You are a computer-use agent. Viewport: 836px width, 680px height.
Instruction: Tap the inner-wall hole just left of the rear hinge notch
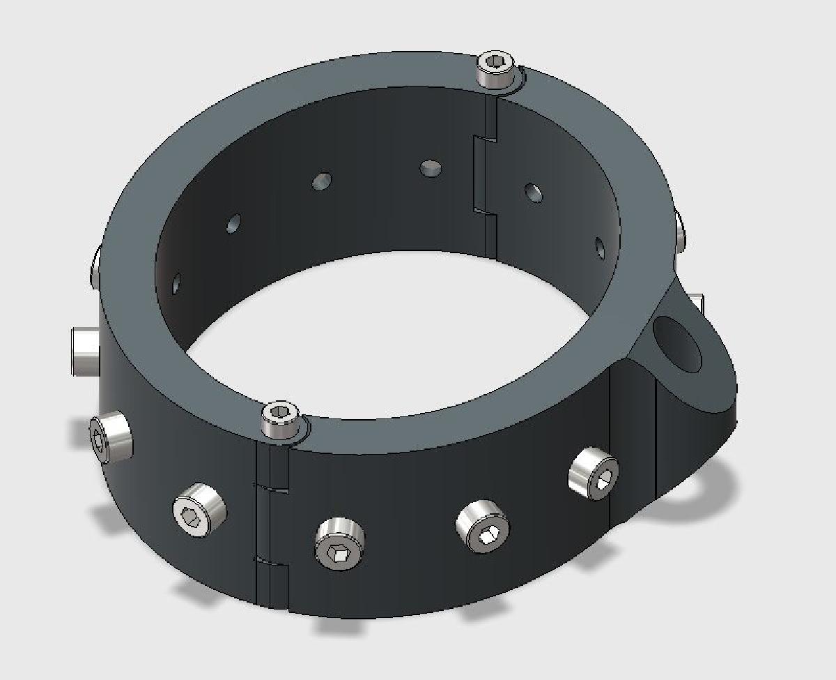pyautogui.click(x=431, y=167)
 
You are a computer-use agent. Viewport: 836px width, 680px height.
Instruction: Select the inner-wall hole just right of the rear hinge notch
pyautogui.click(x=534, y=192)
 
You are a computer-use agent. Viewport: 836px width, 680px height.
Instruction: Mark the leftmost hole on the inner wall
pyautogui.click(x=176, y=283)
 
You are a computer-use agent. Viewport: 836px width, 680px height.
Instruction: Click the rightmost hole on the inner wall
pyautogui.click(x=600, y=248)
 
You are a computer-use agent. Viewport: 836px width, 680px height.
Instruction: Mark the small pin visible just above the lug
pyautogui.click(x=698, y=304)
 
